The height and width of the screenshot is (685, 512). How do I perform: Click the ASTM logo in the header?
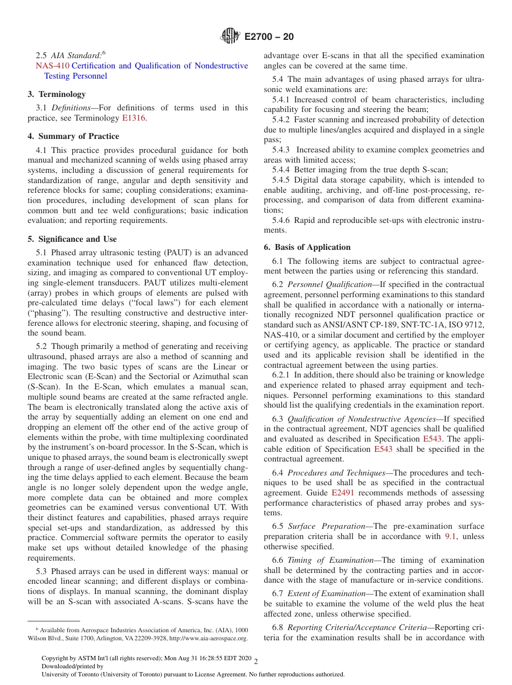tap(230, 37)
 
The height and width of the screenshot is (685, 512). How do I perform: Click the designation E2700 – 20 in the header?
tap(269, 37)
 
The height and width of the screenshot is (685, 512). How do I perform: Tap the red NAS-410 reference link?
tap(52, 66)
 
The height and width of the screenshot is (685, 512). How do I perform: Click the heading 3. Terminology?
tap(57, 94)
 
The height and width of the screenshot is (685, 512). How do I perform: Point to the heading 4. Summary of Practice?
tap(73, 136)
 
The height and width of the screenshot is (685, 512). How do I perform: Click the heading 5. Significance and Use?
tap(72, 239)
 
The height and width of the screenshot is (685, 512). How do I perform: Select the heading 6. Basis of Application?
tap(307, 247)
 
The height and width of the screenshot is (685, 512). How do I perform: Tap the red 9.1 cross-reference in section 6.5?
tap(451, 536)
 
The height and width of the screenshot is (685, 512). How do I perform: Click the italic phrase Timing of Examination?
tap(330, 560)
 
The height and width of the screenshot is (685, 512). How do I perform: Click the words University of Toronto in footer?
tap(68, 674)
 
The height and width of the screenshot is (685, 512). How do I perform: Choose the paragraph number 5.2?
tap(41, 347)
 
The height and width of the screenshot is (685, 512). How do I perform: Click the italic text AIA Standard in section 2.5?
tap(76, 55)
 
